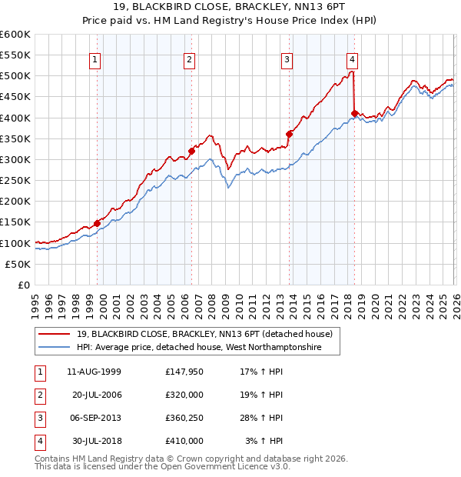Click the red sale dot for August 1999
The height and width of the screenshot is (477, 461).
pyautogui.click(x=98, y=223)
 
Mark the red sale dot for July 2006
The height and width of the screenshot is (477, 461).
pyautogui.click(x=191, y=152)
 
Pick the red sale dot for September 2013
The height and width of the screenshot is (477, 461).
pyautogui.click(x=290, y=135)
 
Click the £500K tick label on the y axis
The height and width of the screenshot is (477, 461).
pyautogui.click(x=15, y=76)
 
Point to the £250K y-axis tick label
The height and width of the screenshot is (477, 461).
pyautogui.click(x=15, y=181)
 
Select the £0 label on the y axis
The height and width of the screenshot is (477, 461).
pyautogui.click(x=23, y=285)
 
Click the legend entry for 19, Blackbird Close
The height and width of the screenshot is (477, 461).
pyautogui.click(x=204, y=335)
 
